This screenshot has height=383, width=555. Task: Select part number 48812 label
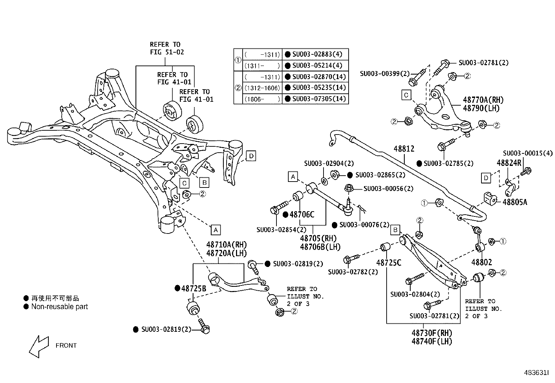point(404,149)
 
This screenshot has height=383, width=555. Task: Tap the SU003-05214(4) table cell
point(317,66)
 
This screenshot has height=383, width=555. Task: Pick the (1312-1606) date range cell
point(262,88)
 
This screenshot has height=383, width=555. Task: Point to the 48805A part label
point(515,202)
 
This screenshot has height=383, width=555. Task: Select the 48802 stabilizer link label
point(481,262)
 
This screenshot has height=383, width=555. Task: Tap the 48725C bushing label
point(389,263)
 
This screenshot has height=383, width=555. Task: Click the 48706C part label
point(302,215)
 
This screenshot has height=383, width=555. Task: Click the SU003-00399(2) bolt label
point(385,74)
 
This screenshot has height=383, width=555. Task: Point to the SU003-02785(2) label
point(449,163)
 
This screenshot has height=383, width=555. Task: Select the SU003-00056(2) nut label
point(388,189)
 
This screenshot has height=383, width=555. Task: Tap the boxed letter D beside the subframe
point(251,156)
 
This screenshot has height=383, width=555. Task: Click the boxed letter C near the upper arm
point(406,95)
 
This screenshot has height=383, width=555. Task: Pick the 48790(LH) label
point(481,108)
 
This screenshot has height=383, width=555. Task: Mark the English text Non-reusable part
point(60,307)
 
